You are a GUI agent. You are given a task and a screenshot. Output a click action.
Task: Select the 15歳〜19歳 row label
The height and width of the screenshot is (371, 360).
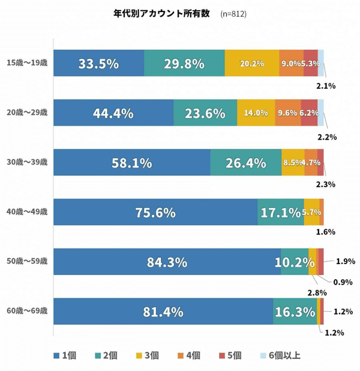pyautogui.click(x=26, y=63)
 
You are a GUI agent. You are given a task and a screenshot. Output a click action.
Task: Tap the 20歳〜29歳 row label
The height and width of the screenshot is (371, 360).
pyautogui.click(x=26, y=113)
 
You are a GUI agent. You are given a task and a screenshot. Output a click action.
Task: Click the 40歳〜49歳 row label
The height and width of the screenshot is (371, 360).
pyautogui.click(x=26, y=212)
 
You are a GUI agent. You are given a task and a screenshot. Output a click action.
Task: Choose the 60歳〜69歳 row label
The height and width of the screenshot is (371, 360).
pyautogui.click(x=26, y=311)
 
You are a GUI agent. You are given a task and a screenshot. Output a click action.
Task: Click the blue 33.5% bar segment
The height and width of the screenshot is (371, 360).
pyautogui.click(x=98, y=63)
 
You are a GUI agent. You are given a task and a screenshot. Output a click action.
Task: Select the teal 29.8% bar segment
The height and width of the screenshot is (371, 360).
pyautogui.click(x=184, y=63)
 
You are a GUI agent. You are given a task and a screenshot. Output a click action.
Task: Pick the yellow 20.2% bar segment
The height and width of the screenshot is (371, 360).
pyautogui.click(x=252, y=63)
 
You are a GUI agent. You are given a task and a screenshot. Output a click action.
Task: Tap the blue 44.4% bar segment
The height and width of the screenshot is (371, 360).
pyautogui.click(x=113, y=113)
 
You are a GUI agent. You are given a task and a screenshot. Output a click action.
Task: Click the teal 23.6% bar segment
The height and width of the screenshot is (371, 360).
pyautogui.click(x=205, y=113)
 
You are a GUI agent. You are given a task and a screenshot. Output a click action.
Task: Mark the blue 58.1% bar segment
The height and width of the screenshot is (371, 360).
pyautogui.click(x=131, y=162)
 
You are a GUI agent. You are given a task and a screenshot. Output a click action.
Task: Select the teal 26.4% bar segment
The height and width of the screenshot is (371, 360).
pyautogui.click(x=245, y=162)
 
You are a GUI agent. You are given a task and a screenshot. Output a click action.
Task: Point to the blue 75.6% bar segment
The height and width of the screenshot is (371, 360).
pyautogui.click(x=155, y=212)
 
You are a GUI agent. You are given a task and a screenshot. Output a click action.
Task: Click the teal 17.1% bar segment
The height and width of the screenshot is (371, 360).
pyautogui.click(x=280, y=212)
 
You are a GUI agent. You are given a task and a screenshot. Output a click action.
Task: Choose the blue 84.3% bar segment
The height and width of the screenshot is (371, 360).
pyautogui.click(x=167, y=262)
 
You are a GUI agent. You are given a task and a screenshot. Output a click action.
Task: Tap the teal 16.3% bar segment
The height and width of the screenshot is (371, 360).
pyautogui.click(x=295, y=311)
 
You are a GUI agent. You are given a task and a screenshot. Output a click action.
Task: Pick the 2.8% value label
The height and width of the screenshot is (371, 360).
pyautogui.click(x=316, y=292)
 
